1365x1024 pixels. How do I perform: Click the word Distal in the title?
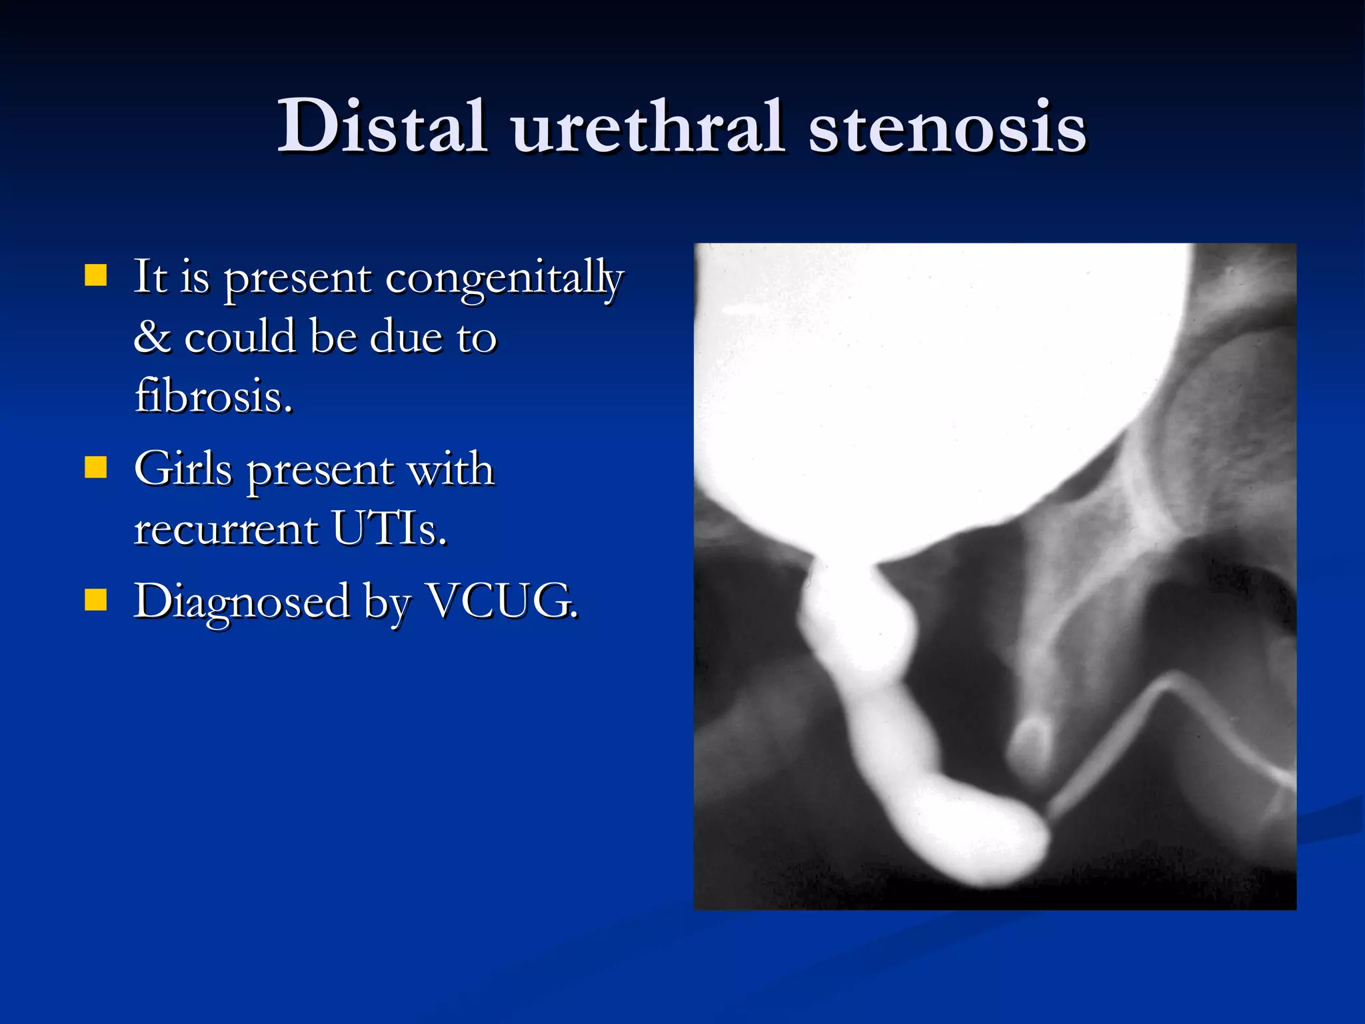(x=381, y=127)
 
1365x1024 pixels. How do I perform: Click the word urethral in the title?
(x=647, y=127)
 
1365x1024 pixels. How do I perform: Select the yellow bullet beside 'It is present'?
(x=96, y=275)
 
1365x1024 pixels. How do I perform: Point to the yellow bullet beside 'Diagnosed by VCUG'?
(x=96, y=599)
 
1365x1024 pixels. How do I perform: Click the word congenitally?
(x=505, y=279)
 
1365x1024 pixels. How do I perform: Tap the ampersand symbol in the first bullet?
(x=152, y=337)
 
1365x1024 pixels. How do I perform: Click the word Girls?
(x=183, y=469)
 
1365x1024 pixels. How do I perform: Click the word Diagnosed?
(x=241, y=602)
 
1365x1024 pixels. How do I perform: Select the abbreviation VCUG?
(x=501, y=601)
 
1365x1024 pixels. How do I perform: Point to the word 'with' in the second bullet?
(x=451, y=469)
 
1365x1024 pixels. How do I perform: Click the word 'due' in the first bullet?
(x=405, y=337)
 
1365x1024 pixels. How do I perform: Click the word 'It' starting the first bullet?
(x=150, y=276)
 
